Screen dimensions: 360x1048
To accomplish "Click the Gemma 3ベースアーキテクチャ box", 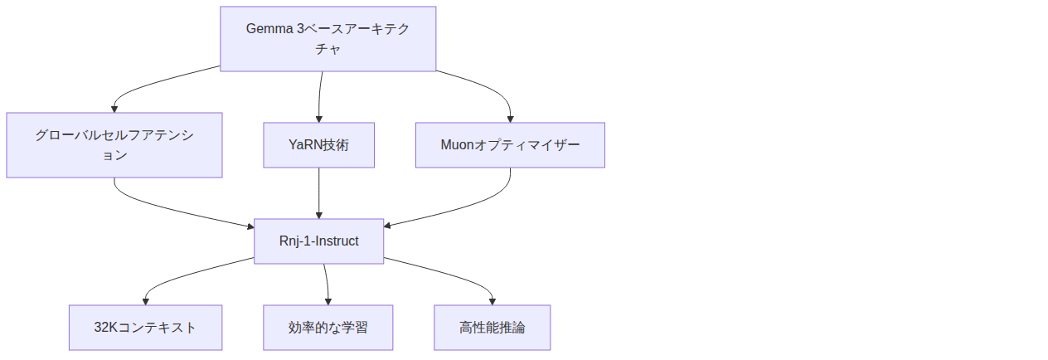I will pos(327,39).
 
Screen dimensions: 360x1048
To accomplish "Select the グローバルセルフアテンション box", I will pos(114,145).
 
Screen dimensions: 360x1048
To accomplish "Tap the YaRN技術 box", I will pos(318,145).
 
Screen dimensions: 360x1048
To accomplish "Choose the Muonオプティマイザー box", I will pos(510,145).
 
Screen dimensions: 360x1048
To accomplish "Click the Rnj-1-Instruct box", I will pos(318,241).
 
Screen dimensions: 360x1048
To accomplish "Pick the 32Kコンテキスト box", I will pos(145,328).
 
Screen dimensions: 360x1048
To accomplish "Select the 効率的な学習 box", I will pos(327,328).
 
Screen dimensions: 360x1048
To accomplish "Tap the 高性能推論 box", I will pos(492,328).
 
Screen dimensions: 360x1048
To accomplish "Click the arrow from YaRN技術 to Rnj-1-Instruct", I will pos(318,193).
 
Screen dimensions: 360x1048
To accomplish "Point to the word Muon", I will pos(456,145).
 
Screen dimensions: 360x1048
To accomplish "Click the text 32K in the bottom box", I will pos(106,328).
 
